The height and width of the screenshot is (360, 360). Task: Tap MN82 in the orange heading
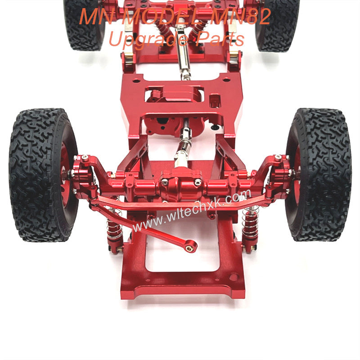click(x=241, y=16)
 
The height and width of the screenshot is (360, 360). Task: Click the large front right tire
click(x=319, y=175)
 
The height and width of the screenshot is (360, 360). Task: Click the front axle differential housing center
click(x=181, y=184)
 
